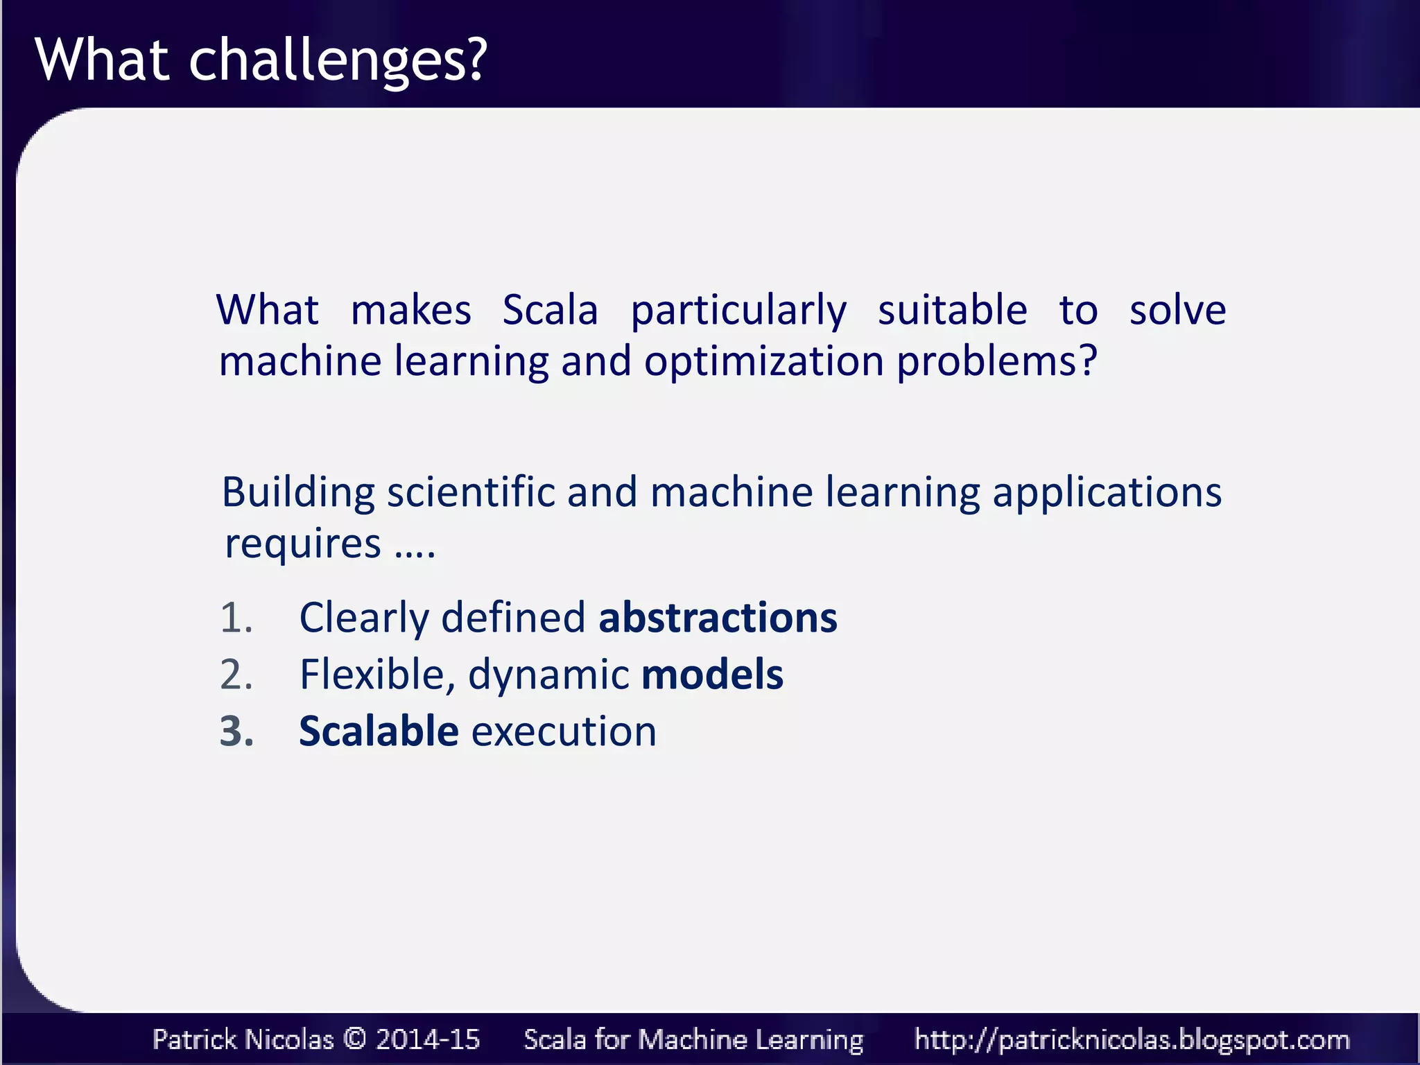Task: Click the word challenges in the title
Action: pyautogui.click(x=338, y=61)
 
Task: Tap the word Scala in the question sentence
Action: pyautogui.click(x=550, y=310)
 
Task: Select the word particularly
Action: pyautogui.click(x=738, y=311)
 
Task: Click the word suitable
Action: pyautogui.click(x=952, y=310)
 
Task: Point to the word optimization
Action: pyautogui.click(x=763, y=363)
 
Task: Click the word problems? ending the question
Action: pyautogui.click(x=997, y=363)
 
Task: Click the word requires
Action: pyautogui.click(x=303, y=544)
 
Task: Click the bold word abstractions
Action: pyautogui.click(x=718, y=617)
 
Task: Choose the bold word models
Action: pyautogui.click(x=712, y=674)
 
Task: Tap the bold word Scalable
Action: pyautogui.click(x=379, y=731)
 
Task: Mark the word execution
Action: pyautogui.click(x=564, y=731)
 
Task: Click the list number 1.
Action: pyautogui.click(x=236, y=618)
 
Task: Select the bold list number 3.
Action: pyautogui.click(x=236, y=731)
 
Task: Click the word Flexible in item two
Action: pyautogui.click(x=377, y=674)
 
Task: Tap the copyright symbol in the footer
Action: pyautogui.click(x=354, y=1039)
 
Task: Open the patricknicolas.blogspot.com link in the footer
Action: pyautogui.click(x=1132, y=1039)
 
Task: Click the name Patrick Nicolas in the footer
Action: pyautogui.click(x=243, y=1039)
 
